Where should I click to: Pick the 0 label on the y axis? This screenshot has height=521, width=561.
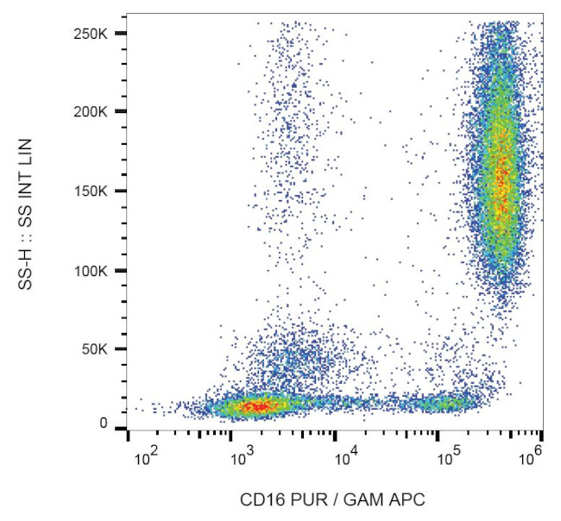coord(104,424)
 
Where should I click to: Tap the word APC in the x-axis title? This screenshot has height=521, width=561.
coord(407,498)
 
